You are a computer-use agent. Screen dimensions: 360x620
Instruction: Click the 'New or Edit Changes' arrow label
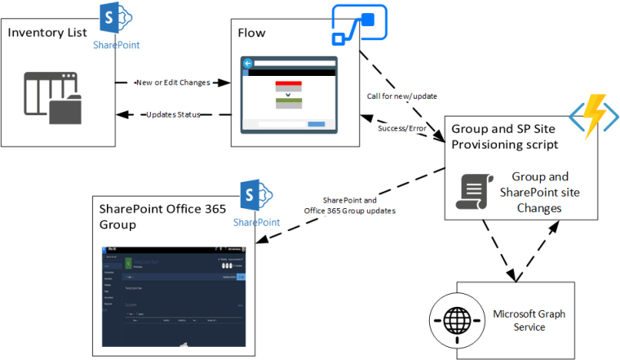(172, 82)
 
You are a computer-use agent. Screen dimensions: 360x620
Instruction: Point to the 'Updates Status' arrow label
(173, 114)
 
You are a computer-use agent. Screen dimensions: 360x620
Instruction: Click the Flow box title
(251, 32)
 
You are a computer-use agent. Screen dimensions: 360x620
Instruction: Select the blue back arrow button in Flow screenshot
(247, 64)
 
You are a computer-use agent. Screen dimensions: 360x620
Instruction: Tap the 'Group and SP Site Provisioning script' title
(499, 136)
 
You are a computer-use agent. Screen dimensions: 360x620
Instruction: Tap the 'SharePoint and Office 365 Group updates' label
(348, 206)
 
